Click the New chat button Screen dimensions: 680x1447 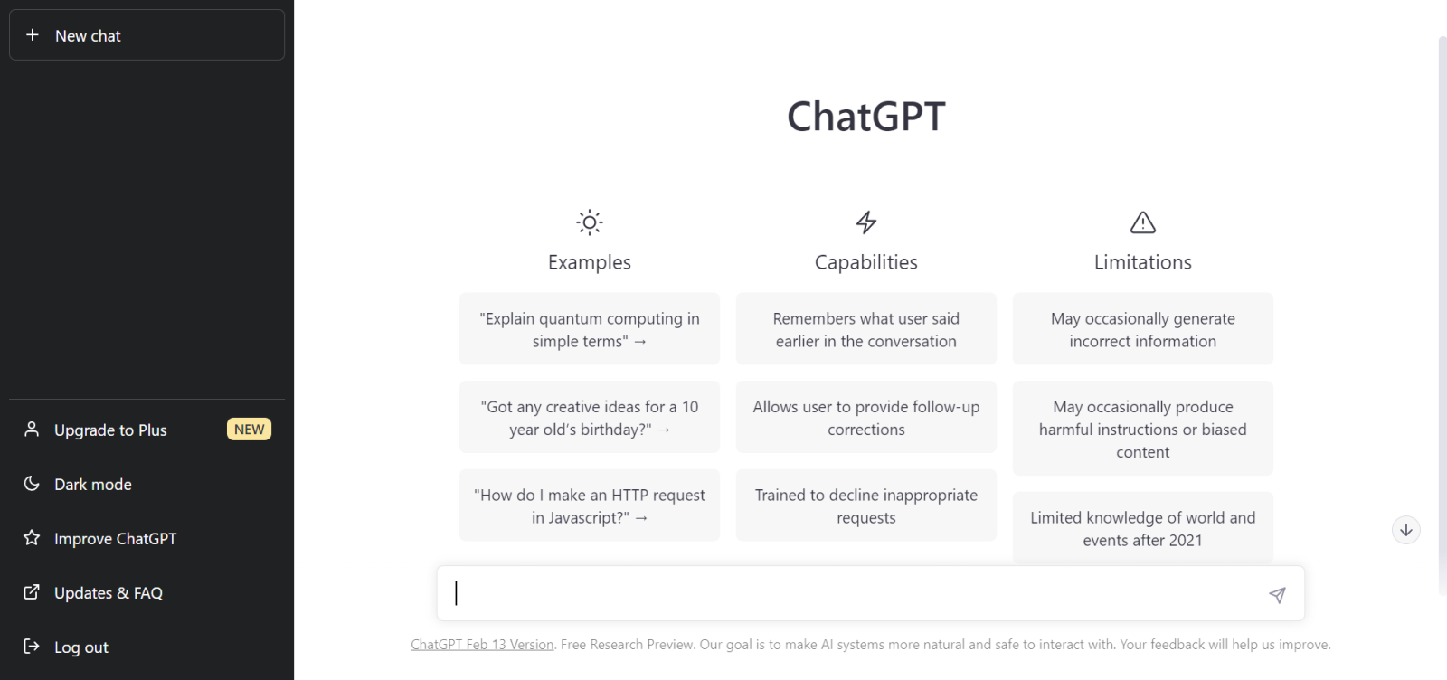click(x=147, y=35)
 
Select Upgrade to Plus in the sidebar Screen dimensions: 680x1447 click(x=110, y=430)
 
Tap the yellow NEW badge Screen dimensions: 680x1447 click(x=249, y=430)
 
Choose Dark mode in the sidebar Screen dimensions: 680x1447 click(x=92, y=485)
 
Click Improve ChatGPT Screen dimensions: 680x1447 click(x=115, y=539)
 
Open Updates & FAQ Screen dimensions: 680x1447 click(x=108, y=593)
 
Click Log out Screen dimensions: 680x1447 click(x=80, y=647)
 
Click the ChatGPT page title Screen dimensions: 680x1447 click(x=865, y=117)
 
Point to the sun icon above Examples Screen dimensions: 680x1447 click(x=590, y=222)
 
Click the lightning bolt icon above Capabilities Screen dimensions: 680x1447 click(x=866, y=222)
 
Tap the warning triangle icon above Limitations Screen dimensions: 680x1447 click(x=1143, y=222)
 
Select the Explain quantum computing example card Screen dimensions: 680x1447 click(x=590, y=329)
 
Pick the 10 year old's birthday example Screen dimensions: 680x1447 click(x=590, y=418)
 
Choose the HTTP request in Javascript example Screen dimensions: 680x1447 click(x=590, y=506)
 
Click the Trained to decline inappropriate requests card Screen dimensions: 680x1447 click(x=866, y=506)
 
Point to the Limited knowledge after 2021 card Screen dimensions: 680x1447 click(x=1143, y=528)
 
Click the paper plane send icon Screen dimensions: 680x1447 click(x=1277, y=595)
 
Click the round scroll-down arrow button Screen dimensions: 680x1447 click(x=1405, y=531)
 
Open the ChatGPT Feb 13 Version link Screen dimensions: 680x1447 click(x=482, y=645)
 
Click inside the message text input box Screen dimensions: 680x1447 click(x=850, y=594)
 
